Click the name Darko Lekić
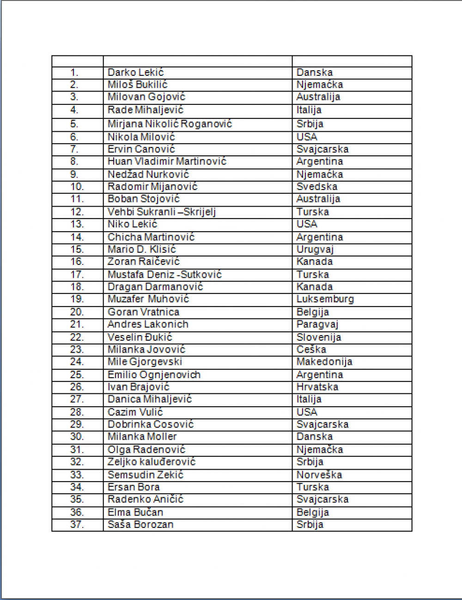click(135, 73)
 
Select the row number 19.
click(77, 299)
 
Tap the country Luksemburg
click(325, 299)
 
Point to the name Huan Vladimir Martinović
click(167, 161)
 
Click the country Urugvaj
click(315, 250)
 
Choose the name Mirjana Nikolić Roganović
click(170, 124)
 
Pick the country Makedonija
click(324, 361)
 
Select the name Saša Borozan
click(140, 525)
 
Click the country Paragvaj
click(317, 324)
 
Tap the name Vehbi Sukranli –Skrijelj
click(161, 212)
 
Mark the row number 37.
click(77, 525)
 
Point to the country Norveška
click(319, 475)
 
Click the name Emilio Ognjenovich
click(154, 375)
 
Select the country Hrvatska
click(317, 387)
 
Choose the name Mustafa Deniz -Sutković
click(164, 275)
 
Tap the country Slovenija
click(318, 337)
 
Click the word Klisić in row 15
click(163, 250)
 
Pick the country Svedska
click(316, 187)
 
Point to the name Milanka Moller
click(142, 437)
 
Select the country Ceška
click(311, 349)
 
